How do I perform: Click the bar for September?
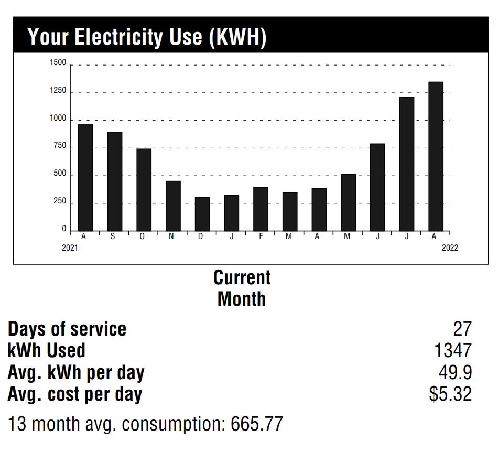click(x=115, y=181)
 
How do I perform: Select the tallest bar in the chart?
click(x=436, y=156)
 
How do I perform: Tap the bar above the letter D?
click(x=202, y=214)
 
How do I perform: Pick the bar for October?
click(x=144, y=189)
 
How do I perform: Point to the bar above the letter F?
click(x=261, y=209)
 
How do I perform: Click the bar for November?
click(x=173, y=206)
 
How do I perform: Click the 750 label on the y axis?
click(x=60, y=146)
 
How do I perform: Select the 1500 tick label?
click(x=58, y=63)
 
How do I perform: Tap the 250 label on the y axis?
click(x=60, y=201)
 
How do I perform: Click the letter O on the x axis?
click(x=142, y=237)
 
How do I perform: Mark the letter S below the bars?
click(x=113, y=237)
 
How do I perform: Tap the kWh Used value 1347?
click(x=453, y=350)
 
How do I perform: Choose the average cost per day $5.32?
click(x=450, y=394)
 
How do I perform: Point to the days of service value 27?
click(x=462, y=329)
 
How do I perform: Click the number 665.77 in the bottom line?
click(x=257, y=424)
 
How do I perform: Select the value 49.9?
click(x=455, y=372)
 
